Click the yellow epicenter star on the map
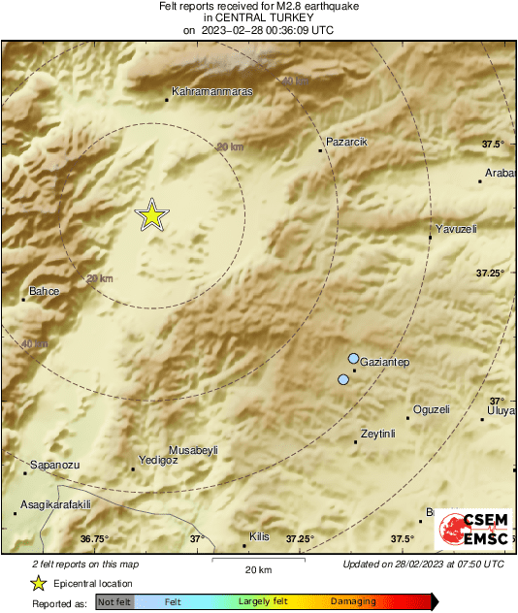point(151,215)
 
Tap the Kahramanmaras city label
point(211,92)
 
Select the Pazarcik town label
point(347,142)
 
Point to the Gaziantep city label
point(385,363)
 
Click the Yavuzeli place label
point(458,229)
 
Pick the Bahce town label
point(46,291)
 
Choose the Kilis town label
point(259,535)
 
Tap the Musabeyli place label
point(194,450)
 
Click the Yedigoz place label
point(158,460)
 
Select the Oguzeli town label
point(432,409)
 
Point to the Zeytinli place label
point(379,434)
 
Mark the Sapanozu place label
point(53,465)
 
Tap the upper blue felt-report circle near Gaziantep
point(354,358)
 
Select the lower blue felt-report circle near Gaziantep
point(342,379)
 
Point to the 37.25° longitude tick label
point(300,539)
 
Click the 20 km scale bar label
point(257,568)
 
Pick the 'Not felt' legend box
point(114,601)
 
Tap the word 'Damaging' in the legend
point(353,601)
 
